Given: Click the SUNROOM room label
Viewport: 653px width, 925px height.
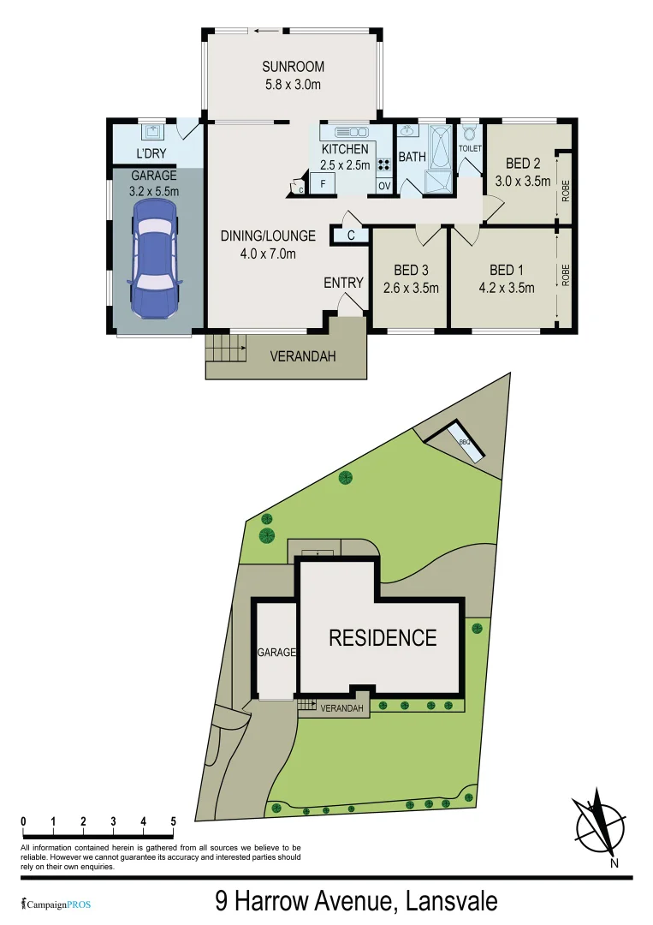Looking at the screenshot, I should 294,67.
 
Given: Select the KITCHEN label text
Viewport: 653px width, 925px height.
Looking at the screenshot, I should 345,149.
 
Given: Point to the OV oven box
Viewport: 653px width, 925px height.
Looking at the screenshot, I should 383,186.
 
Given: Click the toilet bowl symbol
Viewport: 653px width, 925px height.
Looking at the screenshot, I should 469,134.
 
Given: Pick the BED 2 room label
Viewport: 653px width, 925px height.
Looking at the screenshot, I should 522,164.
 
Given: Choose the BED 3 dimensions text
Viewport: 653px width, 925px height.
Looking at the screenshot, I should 410,288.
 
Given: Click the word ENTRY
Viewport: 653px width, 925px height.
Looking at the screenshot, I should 343,283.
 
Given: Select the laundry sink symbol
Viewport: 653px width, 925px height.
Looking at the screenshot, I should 154,132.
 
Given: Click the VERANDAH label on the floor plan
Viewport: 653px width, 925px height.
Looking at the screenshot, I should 302,356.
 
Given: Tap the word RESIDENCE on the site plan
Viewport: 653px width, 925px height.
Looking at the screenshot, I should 383,638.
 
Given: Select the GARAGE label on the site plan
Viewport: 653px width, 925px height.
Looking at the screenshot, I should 276,652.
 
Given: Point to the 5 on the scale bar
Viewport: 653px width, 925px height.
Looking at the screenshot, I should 174,821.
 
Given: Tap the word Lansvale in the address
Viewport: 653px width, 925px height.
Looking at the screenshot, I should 451,901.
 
